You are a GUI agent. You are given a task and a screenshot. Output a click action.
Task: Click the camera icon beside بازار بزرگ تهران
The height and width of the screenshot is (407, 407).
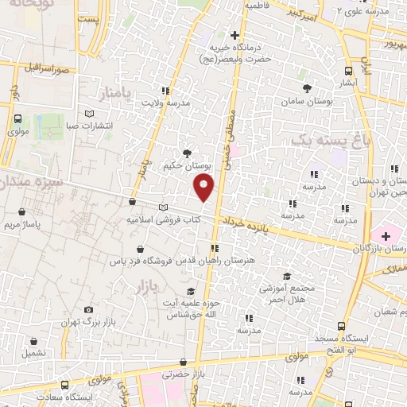click(x=87, y=310)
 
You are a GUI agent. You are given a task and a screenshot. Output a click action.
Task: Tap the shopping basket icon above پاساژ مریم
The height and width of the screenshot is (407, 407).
click(x=21, y=212)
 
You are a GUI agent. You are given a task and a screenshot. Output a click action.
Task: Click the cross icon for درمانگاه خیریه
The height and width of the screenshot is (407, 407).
click(x=235, y=35)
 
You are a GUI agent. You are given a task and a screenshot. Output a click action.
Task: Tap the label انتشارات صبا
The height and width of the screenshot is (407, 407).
click(x=88, y=126)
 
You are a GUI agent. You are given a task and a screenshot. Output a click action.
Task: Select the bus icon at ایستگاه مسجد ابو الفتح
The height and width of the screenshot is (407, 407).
click(x=342, y=326)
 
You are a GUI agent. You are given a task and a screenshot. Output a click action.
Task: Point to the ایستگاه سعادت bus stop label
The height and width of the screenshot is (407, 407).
click(x=69, y=397)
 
